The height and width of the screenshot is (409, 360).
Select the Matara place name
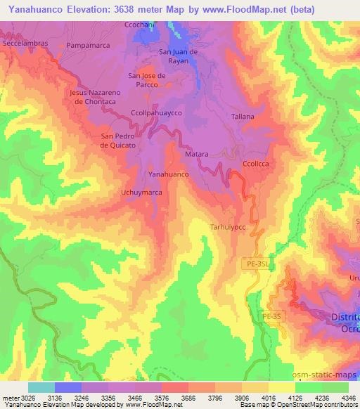click(196, 153)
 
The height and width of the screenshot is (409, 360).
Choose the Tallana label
click(243, 117)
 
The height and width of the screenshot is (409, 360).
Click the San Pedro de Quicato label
click(118, 141)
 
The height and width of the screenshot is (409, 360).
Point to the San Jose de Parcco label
click(146, 80)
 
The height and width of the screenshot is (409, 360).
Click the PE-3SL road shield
click(259, 263)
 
